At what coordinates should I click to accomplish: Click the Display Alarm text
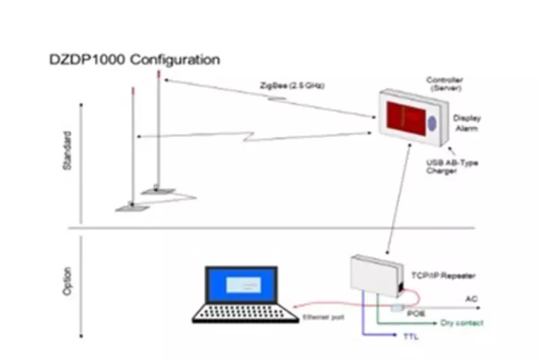point(466,123)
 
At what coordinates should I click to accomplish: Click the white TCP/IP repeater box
point(375,276)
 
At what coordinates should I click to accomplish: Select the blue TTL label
point(410,336)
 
